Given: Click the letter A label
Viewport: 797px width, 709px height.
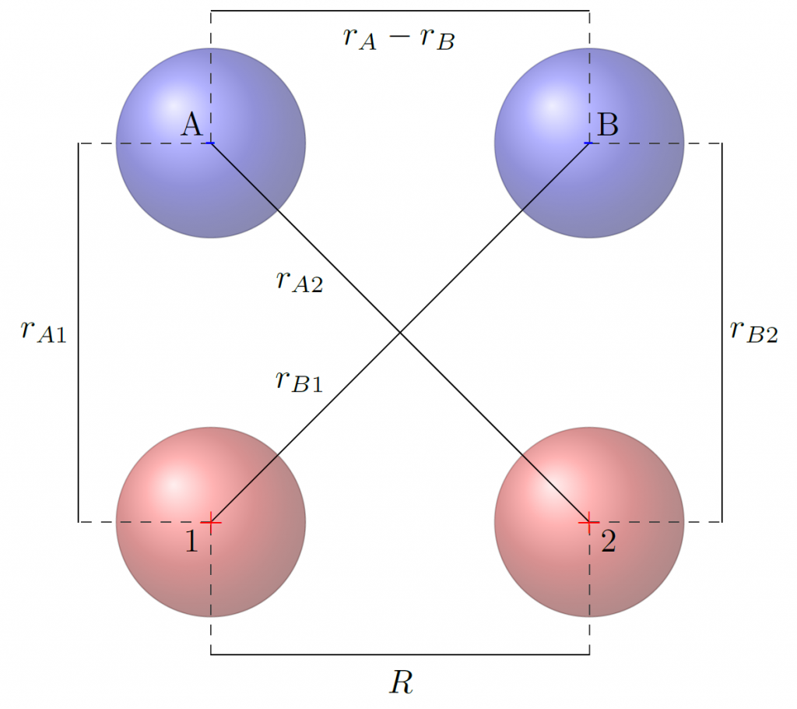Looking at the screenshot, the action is tap(191, 125).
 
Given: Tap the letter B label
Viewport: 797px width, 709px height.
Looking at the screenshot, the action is tap(607, 125).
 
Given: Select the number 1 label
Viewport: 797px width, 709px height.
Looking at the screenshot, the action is tap(191, 541).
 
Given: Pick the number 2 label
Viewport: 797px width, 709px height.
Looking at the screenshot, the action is tap(609, 541).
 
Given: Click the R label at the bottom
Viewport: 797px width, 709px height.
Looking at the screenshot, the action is tap(401, 682).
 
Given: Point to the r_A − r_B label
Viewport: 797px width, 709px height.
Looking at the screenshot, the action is tap(399, 38).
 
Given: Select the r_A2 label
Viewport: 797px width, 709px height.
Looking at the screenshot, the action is tap(300, 281).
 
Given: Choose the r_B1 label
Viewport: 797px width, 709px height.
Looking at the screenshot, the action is tap(299, 381).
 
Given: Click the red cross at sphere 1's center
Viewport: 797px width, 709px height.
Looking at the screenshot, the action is tap(211, 522).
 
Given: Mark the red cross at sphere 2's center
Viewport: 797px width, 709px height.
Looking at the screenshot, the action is tap(589, 522).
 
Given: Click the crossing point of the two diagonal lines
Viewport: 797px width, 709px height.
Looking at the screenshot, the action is tap(400, 333).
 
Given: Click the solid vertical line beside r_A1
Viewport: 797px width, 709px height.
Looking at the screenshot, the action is tap(78, 333).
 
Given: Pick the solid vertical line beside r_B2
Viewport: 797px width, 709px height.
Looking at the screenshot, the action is tap(722, 333).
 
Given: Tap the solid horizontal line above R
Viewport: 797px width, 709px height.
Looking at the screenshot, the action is tap(400, 654).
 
